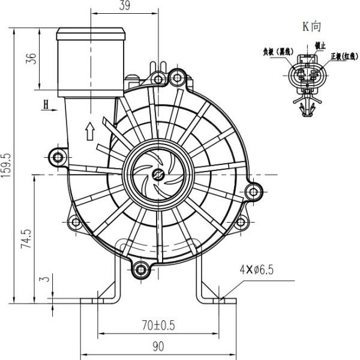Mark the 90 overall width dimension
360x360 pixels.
tap(158, 346)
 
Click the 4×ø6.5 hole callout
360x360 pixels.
tap(256, 270)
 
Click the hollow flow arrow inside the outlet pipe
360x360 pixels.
tap(89, 130)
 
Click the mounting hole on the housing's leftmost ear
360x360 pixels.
tap(58, 157)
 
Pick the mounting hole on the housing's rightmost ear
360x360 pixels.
tap(255, 193)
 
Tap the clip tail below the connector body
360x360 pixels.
tap(307, 106)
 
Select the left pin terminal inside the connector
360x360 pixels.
tap(301, 76)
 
